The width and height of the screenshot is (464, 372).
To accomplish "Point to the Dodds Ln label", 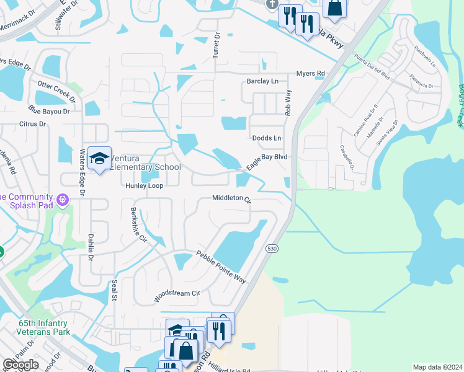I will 267,138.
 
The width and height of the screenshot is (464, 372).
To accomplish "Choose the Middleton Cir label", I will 231,199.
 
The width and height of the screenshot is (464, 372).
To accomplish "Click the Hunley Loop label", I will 144,185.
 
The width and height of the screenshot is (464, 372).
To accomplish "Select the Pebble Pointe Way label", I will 221,267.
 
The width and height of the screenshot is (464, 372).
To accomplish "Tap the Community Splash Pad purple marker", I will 61,200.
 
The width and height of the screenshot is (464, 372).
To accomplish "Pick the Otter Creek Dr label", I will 56,91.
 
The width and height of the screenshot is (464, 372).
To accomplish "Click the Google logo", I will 20,365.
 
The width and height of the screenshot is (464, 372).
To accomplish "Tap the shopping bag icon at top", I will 334,7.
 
